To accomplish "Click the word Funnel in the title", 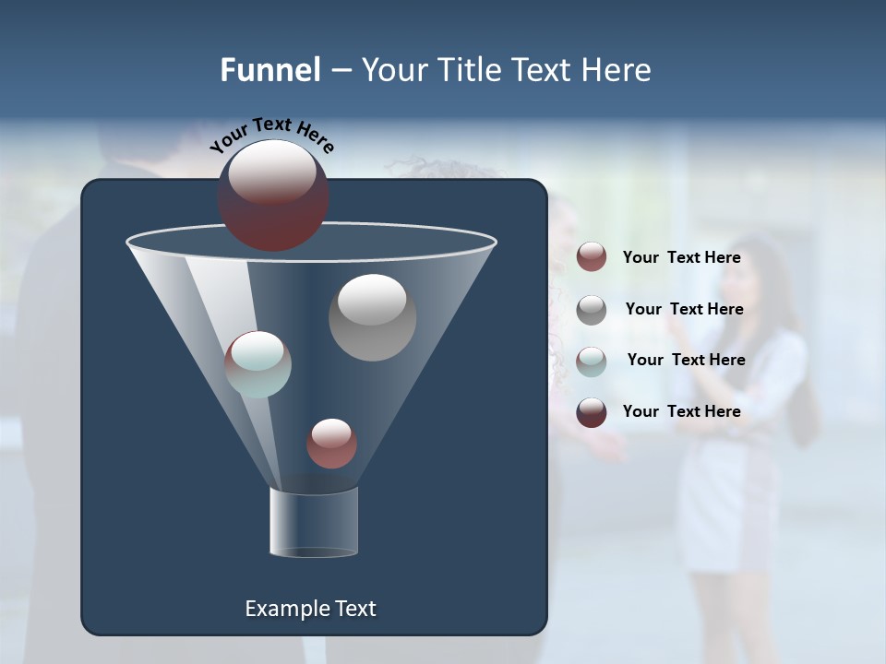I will [269, 70].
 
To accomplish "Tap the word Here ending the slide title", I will [617, 70].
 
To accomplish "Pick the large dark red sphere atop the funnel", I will [273, 196].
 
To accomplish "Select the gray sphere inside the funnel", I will [372, 317].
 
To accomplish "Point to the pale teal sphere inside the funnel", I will [257, 364].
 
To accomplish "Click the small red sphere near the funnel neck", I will [331, 444].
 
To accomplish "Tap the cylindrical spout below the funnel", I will [314, 523].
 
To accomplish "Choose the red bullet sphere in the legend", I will [592, 257].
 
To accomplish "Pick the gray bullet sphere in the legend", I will [592, 310].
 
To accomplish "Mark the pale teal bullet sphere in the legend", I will [592, 362].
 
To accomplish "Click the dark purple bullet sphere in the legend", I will [592, 412].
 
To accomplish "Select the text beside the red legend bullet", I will [681, 257].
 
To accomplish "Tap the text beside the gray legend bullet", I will [684, 309].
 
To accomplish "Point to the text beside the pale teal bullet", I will [686, 360].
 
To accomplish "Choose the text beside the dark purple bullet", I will [681, 411].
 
